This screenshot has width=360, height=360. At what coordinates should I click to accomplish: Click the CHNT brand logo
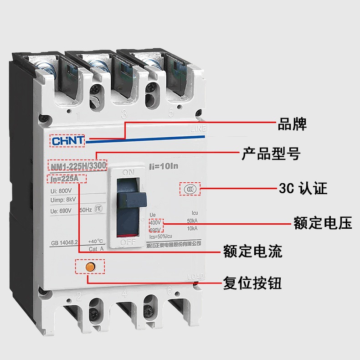point(67,140)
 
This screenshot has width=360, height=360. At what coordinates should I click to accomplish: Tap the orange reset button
point(90,266)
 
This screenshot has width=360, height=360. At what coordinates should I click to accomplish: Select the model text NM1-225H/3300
point(77,165)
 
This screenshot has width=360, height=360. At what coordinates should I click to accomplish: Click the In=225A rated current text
point(67,179)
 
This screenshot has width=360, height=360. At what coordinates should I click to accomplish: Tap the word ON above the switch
point(128,173)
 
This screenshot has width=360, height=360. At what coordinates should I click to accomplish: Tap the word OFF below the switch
point(129,243)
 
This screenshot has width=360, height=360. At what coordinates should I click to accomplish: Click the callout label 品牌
point(292,124)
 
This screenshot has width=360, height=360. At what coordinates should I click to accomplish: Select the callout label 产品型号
point(271,154)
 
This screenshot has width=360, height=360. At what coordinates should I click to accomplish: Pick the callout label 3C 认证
point(303,188)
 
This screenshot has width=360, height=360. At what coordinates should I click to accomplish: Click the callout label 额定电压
point(323,223)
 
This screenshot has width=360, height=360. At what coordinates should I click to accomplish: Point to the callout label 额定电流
point(252,251)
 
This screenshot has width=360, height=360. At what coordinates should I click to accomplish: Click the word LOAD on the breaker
point(196,276)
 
